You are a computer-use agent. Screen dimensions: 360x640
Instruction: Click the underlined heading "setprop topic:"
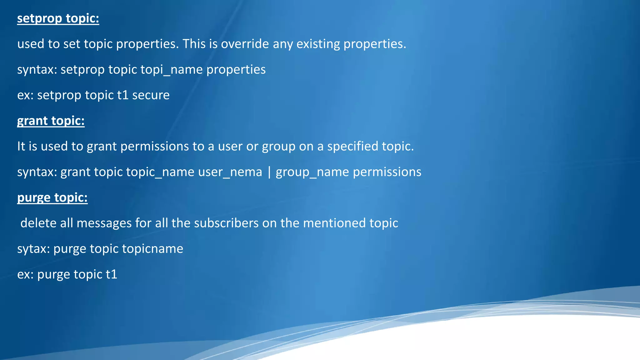tap(58, 18)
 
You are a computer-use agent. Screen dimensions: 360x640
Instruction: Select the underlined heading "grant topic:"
tap(51, 121)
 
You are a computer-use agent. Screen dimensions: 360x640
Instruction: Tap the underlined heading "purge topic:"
tap(52, 198)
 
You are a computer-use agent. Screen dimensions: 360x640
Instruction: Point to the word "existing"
tap(318, 44)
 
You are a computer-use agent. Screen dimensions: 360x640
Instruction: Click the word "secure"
tap(151, 95)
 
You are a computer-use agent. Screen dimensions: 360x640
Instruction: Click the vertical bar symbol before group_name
tap(269, 172)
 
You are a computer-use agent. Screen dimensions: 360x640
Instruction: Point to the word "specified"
tap(346, 147)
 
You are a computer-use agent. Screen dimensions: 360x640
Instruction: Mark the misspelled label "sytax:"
tap(33, 249)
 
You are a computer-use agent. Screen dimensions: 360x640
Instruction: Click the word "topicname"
tap(152, 249)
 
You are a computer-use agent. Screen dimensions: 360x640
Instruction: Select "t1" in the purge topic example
tap(112, 275)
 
